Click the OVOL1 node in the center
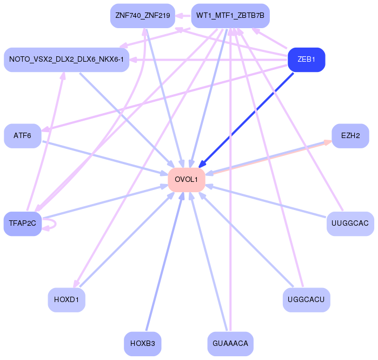point(187,179)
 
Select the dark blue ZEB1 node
point(306,59)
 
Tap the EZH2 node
point(350,136)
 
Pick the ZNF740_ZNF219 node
point(143,16)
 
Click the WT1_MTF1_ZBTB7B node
point(230,16)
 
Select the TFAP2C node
point(22,223)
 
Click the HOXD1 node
point(67,299)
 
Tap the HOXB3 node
point(143,343)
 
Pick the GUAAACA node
point(230,343)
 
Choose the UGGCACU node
point(306,299)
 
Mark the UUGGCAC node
point(350,223)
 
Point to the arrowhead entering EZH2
point(328,142)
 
